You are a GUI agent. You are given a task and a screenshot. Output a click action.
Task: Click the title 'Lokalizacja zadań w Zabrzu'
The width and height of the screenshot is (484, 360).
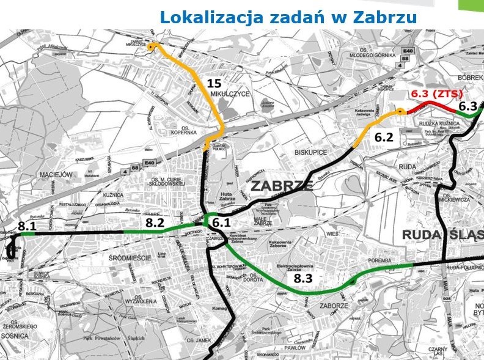tap(288, 17)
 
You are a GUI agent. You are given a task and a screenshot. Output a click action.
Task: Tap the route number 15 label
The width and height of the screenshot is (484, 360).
tap(213, 83)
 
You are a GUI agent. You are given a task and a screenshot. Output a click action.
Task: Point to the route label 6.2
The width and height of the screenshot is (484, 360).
tap(384, 138)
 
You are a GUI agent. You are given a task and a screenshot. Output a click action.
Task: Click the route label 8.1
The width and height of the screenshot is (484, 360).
tap(27, 227)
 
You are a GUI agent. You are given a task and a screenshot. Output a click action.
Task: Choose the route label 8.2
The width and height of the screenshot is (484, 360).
tap(155, 224)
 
